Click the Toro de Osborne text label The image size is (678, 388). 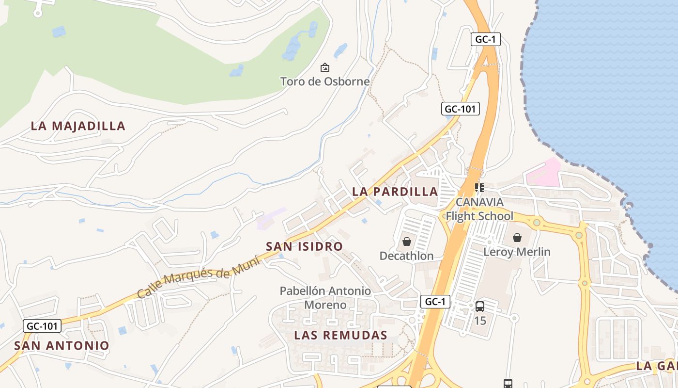[325, 81]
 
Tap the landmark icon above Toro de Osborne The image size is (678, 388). [325, 67]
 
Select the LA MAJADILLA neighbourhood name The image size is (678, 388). [78, 126]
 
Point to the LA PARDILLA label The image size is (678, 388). [395, 192]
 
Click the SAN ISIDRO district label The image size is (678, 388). [304, 246]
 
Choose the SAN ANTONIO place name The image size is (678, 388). [62, 346]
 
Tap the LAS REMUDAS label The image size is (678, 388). [340, 335]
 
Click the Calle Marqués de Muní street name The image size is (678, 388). [199, 278]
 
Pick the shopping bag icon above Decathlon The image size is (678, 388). [407, 241]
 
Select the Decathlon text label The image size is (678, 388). [406, 256]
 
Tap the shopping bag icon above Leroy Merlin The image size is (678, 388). [517, 238]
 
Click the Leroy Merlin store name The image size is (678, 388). [517, 252]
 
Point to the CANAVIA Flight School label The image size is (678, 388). [479, 209]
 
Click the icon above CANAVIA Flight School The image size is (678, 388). [479, 187]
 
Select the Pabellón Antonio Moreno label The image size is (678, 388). [325, 298]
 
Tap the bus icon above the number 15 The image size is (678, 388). [480, 307]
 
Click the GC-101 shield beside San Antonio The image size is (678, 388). [42, 326]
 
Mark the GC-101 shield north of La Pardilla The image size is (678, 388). [461, 109]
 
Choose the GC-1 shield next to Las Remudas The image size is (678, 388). [435, 302]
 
